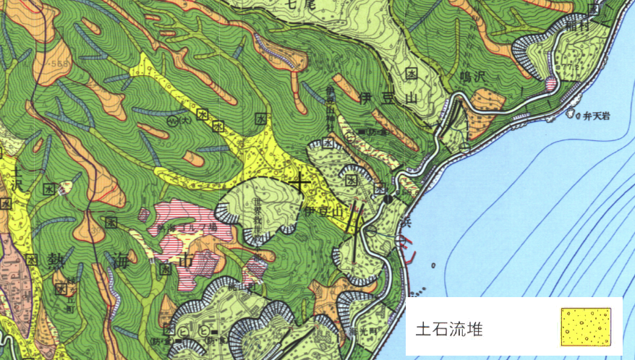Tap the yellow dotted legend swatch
click(x=586, y=327)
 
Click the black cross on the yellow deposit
click(x=299, y=182)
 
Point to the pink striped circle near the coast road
click(x=551, y=83)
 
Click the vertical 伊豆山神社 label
click(x=330, y=101)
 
